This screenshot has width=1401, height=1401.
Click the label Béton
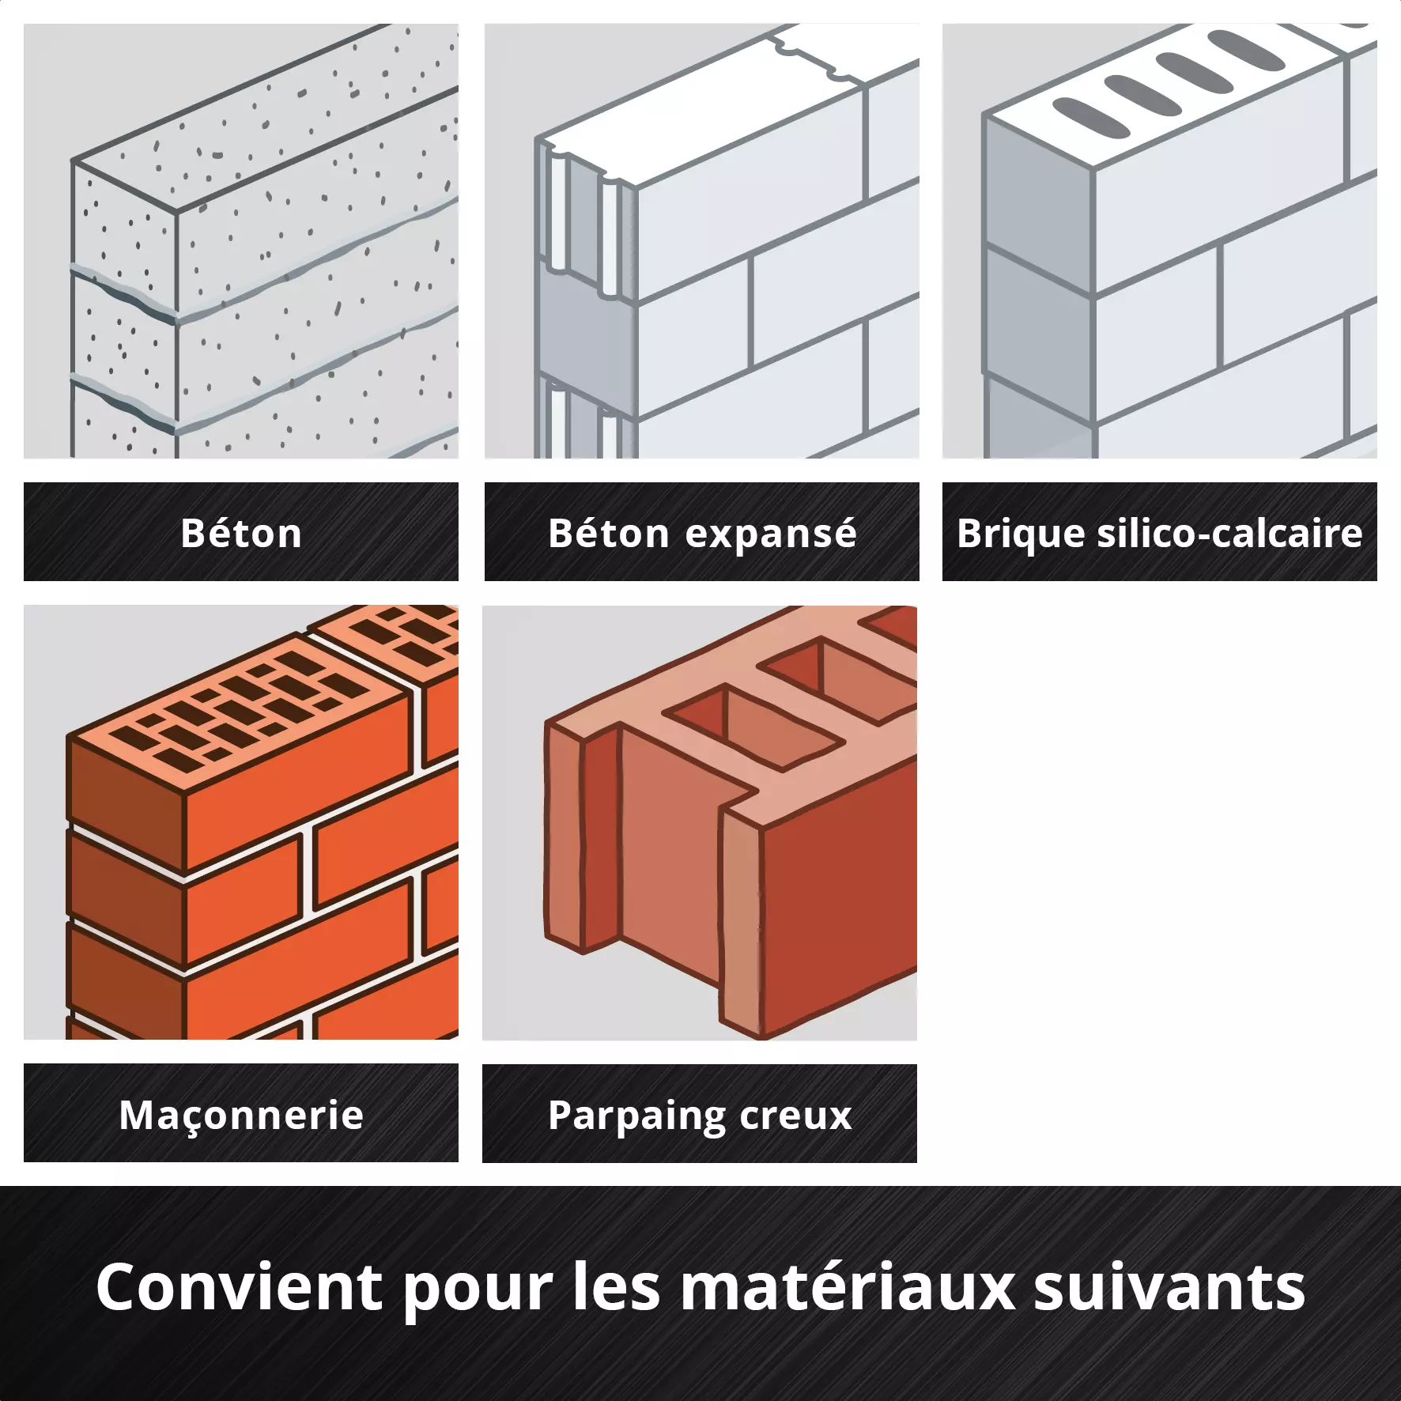click(x=241, y=533)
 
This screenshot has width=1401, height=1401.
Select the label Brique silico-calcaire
click(x=1160, y=534)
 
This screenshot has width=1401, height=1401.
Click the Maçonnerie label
click(x=241, y=1116)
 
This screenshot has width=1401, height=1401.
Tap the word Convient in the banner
click(x=240, y=1286)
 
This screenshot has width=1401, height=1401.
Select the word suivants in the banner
click(x=1170, y=1286)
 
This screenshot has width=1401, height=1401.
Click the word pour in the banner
click(x=478, y=1294)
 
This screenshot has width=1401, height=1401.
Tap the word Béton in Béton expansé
click(x=609, y=533)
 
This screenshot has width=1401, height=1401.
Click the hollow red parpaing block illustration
click(x=731, y=822)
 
